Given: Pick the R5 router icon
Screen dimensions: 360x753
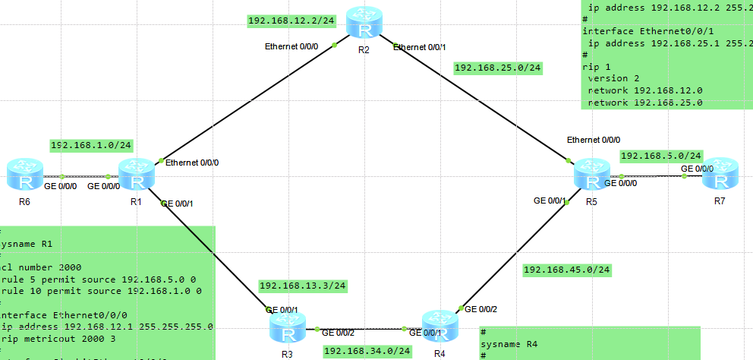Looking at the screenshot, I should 591,175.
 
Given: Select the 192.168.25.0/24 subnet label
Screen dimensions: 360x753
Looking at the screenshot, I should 498,68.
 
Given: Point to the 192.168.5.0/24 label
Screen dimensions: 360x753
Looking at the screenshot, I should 661,156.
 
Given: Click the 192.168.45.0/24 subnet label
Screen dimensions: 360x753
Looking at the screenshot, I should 567,270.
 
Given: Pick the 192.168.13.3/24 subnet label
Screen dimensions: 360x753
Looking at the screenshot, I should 303,286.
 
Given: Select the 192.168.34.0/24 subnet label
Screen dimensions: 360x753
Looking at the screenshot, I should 367,351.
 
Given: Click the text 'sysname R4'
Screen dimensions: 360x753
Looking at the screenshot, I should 509,344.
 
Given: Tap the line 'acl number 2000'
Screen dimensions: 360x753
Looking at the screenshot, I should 41,267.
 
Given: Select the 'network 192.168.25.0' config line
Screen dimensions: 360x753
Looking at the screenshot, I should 645,102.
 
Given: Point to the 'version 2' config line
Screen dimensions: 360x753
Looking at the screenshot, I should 615,78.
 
